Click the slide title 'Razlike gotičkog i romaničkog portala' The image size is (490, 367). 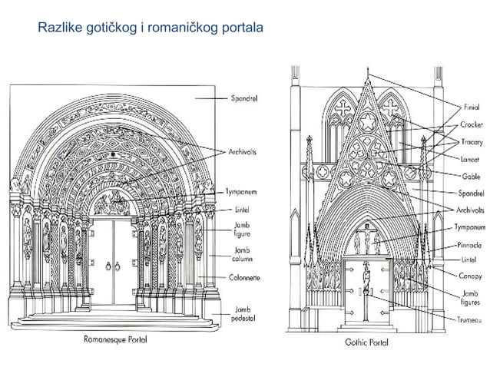click(x=150, y=29)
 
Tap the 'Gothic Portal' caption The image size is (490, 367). click(x=366, y=341)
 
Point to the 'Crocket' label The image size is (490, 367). click(x=472, y=124)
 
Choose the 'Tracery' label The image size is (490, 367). click(x=472, y=142)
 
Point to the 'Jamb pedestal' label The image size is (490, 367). click(x=245, y=312)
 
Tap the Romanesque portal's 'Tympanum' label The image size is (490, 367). click(x=246, y=192)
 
